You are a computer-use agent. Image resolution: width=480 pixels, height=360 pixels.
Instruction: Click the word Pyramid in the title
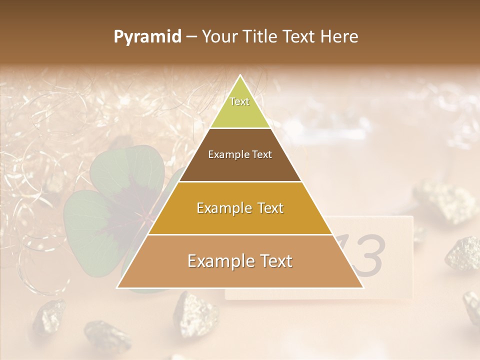pos(147,37)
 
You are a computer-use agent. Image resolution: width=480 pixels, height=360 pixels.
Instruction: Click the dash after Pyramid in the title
pos(191,37)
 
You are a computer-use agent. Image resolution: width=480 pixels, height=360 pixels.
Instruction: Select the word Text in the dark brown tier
pos(261,155)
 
